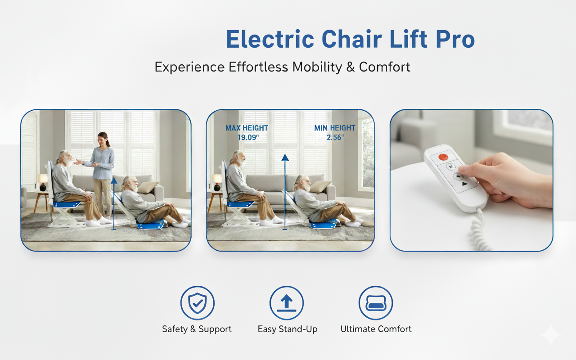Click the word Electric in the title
click(270, 39)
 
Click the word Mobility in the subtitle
click(317, 67)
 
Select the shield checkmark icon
click(197, 303)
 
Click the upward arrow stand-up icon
click(287, 303)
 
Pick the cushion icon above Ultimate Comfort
click(376, 303)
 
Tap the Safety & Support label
click(197, 329)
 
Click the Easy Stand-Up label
click(288, 329)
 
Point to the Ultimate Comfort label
click(376, 329)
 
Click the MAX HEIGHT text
click(247, 128)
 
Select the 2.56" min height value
click(335, 138)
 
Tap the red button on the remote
click(443, 157)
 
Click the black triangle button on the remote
click(465, 184)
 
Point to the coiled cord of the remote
click(479, 229)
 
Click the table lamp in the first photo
click(43, 182)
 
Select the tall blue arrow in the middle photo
click(285, 192)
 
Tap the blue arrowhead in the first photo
click(114, 180)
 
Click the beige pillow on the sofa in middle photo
click(320, 186)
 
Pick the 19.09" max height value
click(248, 138)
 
